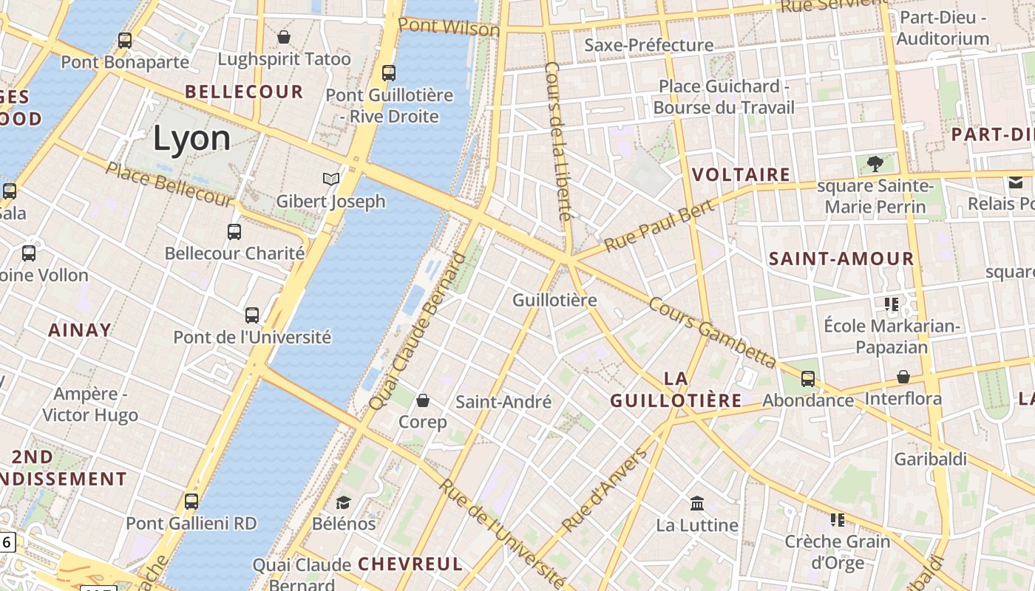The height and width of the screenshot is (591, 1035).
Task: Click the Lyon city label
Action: pos(191,139)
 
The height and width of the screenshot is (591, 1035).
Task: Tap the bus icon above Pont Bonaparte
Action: pos(125,41)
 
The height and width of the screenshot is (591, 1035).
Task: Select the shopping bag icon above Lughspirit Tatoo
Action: pos(284,37)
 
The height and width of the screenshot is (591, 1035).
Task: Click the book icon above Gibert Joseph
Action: pos(331,179)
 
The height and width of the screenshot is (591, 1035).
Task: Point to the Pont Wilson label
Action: pos(449,27)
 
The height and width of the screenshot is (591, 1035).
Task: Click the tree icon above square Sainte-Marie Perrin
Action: pos(875,163)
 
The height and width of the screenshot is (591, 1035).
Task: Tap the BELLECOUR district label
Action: pos(244,92)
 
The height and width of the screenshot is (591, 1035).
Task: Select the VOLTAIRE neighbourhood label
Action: pos(742,175)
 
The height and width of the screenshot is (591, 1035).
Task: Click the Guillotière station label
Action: pos(554,300)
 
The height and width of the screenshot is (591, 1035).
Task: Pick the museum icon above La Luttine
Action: pos(697,504)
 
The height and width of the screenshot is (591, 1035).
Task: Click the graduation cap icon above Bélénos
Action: pos(344,502)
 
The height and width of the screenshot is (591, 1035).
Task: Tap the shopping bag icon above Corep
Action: pos(423,400)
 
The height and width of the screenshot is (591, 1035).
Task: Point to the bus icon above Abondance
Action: pos(808,379)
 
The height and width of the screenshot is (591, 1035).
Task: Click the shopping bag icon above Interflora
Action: pos(903,378)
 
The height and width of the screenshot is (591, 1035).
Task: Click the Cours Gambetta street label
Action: pos(712,333)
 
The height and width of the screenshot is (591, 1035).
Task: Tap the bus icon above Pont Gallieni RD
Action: pos(191,502)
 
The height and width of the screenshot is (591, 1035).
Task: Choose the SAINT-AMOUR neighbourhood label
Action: pos(841,259)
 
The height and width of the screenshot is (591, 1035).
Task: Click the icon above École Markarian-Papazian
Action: pos(892,304)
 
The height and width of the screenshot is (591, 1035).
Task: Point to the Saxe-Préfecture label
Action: pos(649,45)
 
